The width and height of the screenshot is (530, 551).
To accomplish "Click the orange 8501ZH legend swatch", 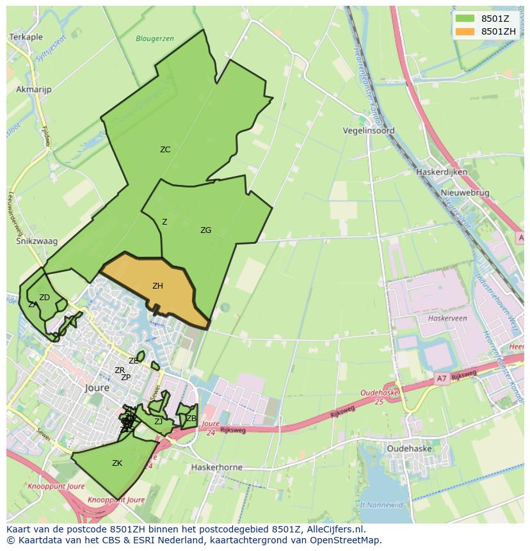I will (x=465, y=31).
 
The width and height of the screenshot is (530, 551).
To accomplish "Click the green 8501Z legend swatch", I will (x=465, y=19).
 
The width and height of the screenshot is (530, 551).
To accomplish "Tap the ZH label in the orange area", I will (x=157, y=286).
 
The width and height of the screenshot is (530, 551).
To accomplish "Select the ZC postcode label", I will (x=165, y=150).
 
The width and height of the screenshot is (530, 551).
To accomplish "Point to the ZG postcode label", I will (x=205, y=230).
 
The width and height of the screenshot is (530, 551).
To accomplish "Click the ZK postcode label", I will (x=117, y=463).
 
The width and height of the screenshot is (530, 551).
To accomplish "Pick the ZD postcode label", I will (x=44, y=298).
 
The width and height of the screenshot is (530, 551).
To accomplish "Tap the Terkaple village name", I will (x=26, y=38).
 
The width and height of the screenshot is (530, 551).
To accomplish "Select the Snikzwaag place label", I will (x=36, y=241).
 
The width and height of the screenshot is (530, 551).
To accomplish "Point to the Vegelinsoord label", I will (x=369, y=131).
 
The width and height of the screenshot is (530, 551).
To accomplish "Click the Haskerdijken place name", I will (x=442, y=172).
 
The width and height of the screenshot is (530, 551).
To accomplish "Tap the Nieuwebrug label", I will (x=465, y=193).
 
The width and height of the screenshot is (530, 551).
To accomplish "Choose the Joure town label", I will (x=97, y=388).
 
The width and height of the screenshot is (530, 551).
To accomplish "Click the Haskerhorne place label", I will (x=217, y=467).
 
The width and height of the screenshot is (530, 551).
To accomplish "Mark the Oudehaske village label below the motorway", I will (x=410, y=449).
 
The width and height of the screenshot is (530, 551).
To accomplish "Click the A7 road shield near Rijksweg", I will (x=441, y=378).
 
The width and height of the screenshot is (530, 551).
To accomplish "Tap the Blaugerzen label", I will (x=155, y=39).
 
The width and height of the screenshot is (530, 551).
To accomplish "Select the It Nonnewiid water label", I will (x=381, y=504).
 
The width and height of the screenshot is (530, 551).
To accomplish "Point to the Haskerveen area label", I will (x=448, y=318).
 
